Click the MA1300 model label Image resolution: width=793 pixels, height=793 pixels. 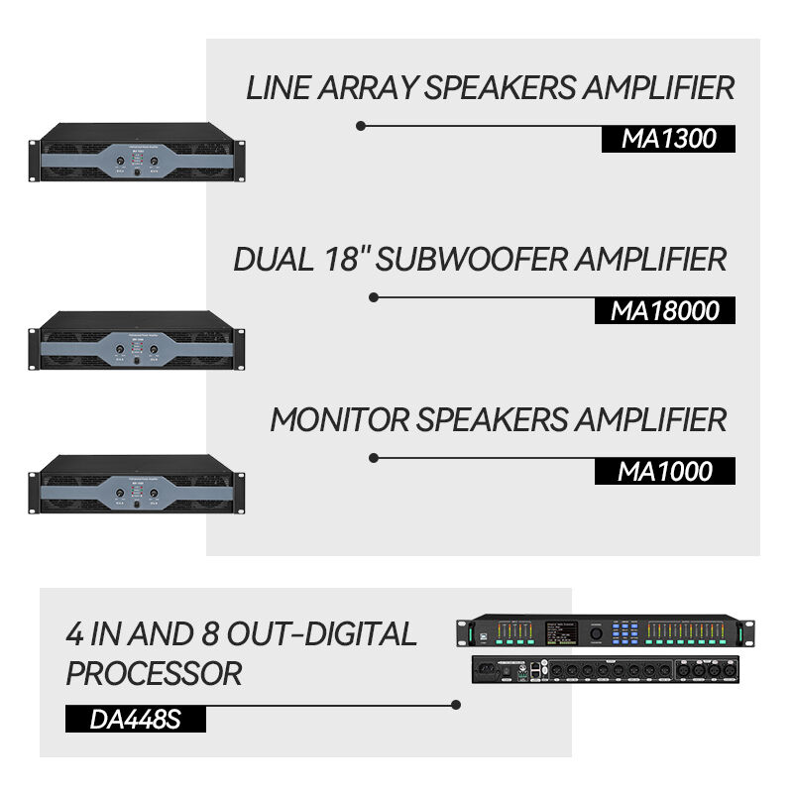[668, 139]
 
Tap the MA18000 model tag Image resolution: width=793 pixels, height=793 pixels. [664, 310]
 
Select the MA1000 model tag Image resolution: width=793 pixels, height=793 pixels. [664, 471]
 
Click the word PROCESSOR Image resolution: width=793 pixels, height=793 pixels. [154, 674]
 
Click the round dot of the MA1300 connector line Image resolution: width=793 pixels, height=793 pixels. [361, 126]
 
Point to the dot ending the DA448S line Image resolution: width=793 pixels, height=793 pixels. [456, 706]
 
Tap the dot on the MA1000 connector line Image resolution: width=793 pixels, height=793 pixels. [374, 458]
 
